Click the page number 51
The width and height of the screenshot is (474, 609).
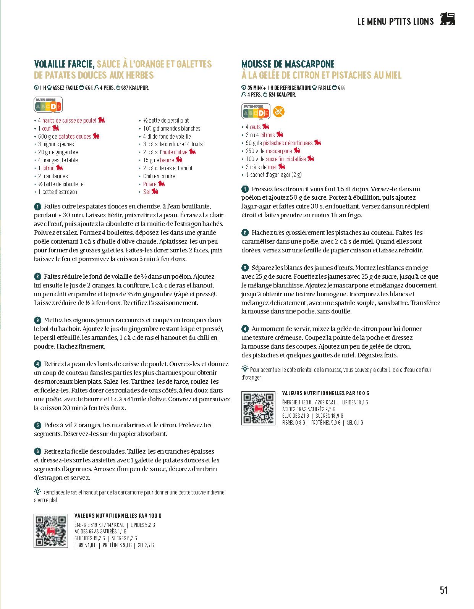(443, 590)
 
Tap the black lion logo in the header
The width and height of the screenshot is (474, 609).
(447, 19)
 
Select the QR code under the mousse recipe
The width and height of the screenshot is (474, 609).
(258, 408)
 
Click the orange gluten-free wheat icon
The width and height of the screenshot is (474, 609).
(279, 112)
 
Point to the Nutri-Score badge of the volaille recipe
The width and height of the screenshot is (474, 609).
(48, 105)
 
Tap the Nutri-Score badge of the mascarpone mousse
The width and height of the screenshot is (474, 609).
(256, 112)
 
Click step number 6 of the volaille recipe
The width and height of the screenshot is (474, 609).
(37, 452)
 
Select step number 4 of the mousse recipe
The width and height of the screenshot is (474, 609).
(245, 329)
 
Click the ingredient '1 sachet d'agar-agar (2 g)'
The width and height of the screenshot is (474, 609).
(273, 175)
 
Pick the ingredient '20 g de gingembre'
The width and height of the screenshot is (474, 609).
(58, 152)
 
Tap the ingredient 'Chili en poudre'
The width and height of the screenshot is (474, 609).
(159, 176)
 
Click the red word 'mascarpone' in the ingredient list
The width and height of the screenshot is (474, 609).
(279, 151)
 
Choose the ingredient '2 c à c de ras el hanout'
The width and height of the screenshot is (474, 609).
(168, 168)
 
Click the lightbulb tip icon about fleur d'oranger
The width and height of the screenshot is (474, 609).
(245, 369)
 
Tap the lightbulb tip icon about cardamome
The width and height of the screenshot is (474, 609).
(37, 491)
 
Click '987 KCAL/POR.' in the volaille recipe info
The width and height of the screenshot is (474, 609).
(134, 88)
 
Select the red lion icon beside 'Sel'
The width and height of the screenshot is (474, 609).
(155, 191)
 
